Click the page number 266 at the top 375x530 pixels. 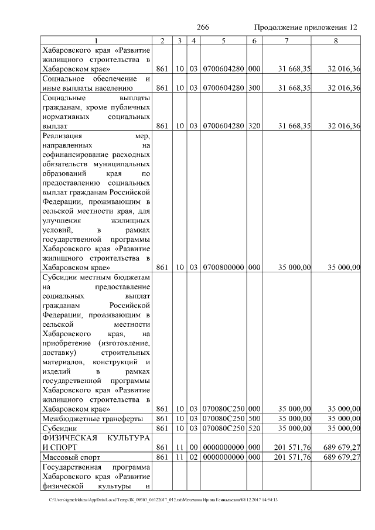pos(203,28)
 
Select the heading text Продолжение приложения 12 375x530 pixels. pos(305,28)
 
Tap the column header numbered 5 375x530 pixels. pos(223,40)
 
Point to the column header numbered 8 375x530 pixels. pos(336,40)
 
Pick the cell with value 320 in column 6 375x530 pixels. pos(254,125)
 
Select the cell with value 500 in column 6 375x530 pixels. pos(254,419)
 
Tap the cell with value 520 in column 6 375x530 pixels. pos(254,428)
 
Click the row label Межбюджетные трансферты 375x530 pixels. pos(93,419)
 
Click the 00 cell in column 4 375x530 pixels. pos(193,447)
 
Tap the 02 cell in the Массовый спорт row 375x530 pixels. pos(193,457)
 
